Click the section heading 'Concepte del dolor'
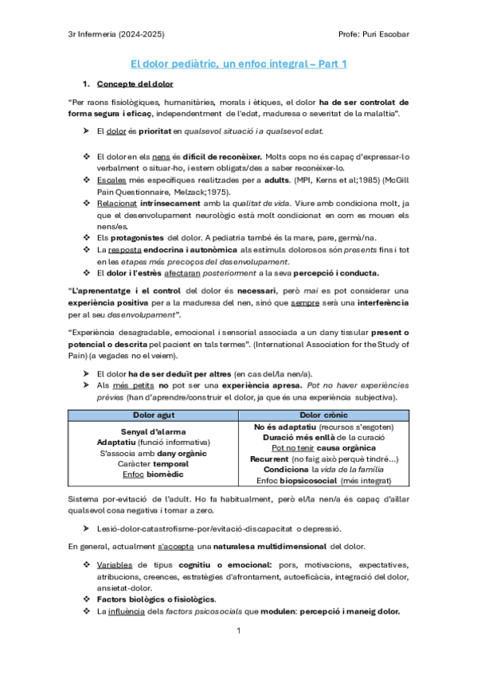pos(135,84)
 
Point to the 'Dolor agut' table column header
pos(154,416)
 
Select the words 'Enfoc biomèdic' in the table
pos(154,474)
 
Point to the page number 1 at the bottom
pos(238,630)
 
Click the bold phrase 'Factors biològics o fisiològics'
pos(147,599)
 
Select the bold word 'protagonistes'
pos(134,237)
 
